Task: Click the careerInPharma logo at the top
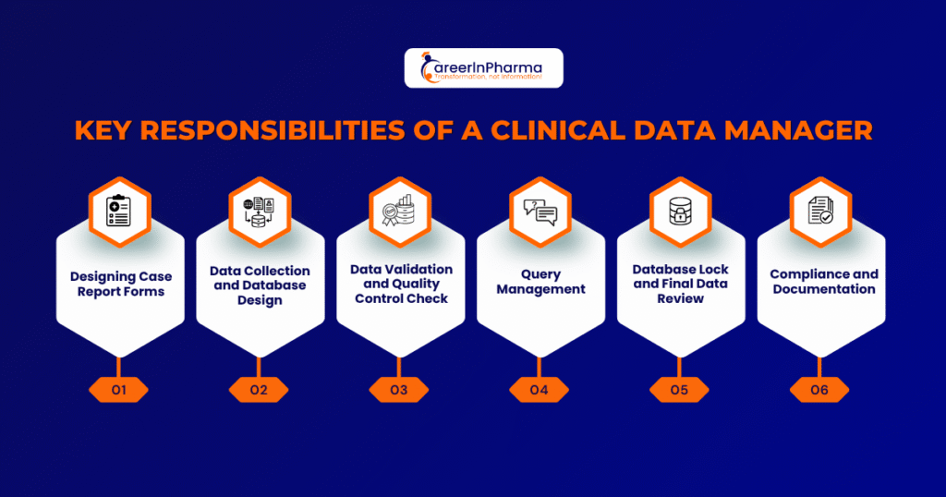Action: tap(483, 67)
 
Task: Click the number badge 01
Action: tap(118, 390)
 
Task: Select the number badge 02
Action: tap(259, 390)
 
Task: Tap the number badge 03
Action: tap(399, 390)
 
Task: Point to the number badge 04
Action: tap(540, 390)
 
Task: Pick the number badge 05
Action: tap(680, 390)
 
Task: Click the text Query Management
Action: tap(540, 282)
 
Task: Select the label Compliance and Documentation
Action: tap(823, 282)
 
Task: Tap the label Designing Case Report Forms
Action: tap(121, 285)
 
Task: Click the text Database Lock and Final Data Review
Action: tap(681, 284)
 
